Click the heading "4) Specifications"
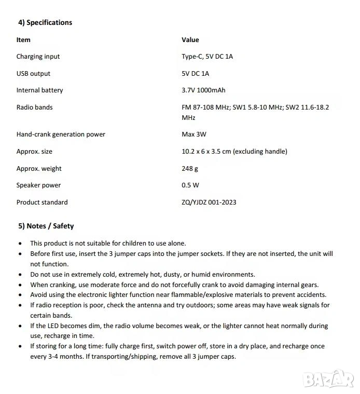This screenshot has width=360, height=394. pos(45,22)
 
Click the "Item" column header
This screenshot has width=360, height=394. pos(23,39)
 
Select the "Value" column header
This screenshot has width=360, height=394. pos(190,39)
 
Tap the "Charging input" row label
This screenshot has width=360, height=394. pos(38,57)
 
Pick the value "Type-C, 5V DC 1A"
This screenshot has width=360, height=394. pos(207,57)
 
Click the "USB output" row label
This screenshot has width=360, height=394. pos(33,74)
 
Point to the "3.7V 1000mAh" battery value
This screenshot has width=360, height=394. pos(203,90)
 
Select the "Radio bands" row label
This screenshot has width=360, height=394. pos(34,107)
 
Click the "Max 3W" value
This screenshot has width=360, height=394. pos(193,134)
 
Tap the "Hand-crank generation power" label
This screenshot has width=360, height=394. pos(61,134)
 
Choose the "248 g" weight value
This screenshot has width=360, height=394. pos(190,169)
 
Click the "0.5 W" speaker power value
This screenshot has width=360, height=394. pos(190,185)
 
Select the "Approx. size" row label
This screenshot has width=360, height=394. pos(34,152)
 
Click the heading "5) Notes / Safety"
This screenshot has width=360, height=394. pos(46,226)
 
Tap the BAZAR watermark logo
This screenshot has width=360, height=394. pos(328,378)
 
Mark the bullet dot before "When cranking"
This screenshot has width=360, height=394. pos(20,285)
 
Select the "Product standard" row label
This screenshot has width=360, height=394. pos(42,202)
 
